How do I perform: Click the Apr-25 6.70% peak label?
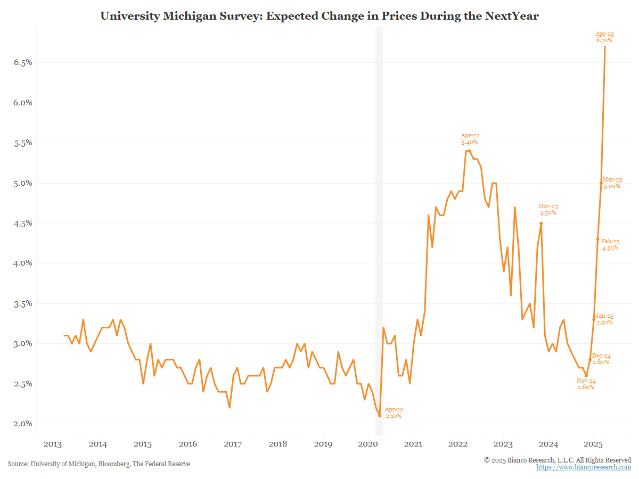604,37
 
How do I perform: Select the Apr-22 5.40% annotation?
469,139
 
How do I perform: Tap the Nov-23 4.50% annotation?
547,210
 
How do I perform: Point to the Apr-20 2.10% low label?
394,412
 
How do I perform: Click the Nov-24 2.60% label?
585,384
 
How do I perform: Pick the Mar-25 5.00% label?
611,183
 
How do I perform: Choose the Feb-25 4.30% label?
610,244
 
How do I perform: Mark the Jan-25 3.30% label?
604,319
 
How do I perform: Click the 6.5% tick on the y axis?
23,62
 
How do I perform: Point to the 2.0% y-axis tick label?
23,424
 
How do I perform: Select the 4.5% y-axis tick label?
23,224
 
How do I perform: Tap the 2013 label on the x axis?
52,444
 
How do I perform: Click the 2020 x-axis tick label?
368,444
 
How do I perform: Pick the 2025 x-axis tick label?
594,444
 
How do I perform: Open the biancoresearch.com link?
583,467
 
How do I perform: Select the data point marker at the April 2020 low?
380,416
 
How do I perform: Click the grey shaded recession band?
379,213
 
